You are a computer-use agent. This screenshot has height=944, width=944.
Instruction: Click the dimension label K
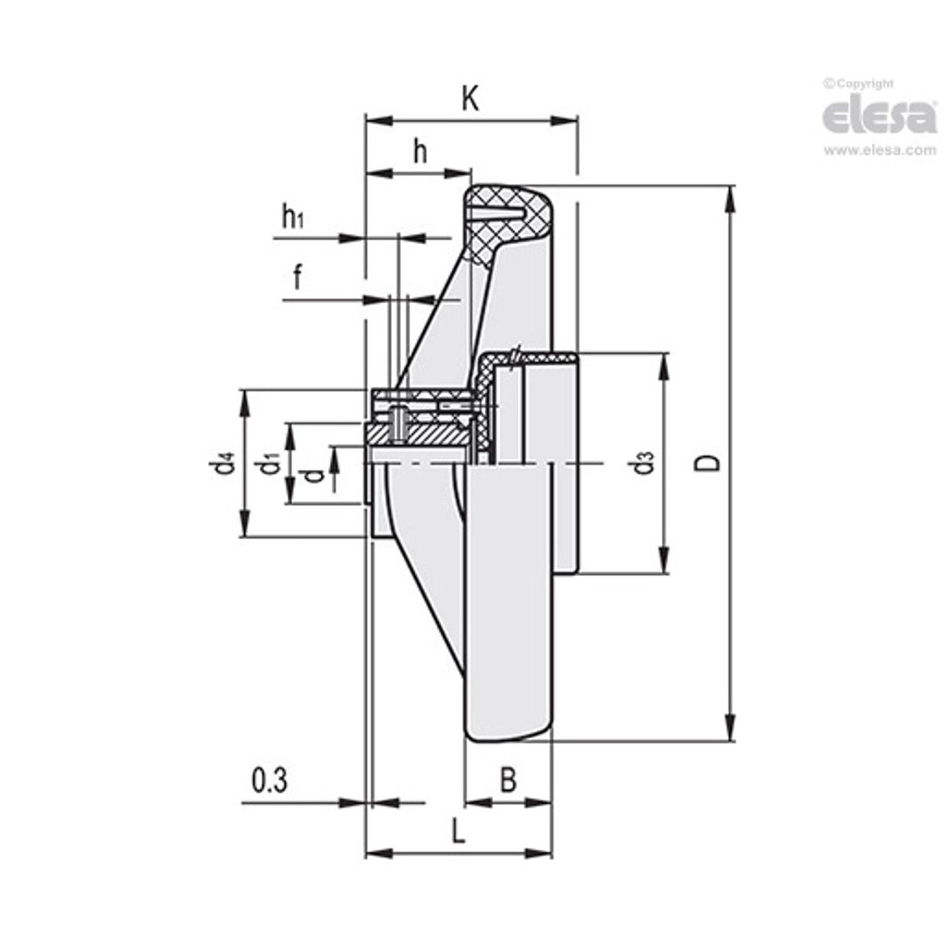click(x=470, y=99)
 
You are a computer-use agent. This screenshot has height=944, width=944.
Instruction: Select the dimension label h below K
click(x=420, y=152)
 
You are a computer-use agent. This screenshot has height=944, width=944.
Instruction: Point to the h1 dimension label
click(x=292, y=219)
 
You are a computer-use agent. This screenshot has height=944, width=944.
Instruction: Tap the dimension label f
click(x=297, y=277)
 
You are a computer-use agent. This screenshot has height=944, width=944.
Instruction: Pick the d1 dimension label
click(x=270, y=465)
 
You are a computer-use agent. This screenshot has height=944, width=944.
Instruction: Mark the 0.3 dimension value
click(x=270, y=780)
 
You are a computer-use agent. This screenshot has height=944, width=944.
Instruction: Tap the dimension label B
click(x=508, y=780)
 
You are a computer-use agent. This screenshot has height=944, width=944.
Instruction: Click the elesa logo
click(x=879, y=117)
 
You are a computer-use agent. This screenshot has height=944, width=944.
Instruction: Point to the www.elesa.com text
click(x=880, y=150)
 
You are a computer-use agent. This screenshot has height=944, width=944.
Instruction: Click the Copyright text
click(x=859, y=83)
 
